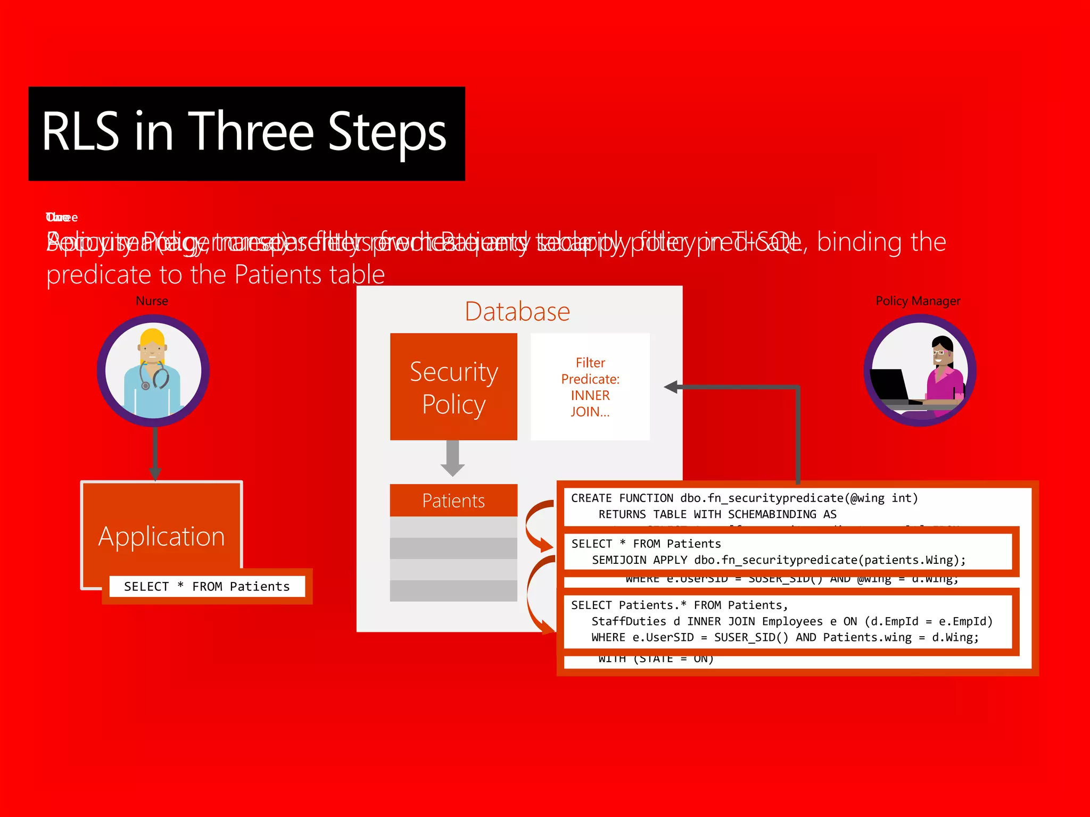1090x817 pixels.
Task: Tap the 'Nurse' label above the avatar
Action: pos(152,301)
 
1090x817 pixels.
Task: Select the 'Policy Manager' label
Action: pos(918,301)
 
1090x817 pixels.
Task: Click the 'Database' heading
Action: pos(517,312)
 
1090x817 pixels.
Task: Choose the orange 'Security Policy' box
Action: pos(453,387)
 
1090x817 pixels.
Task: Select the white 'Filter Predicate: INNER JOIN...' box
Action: pos(590,387)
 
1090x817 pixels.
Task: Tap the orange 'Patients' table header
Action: pos(453,501)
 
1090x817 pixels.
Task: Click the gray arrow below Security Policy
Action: pos(452,458)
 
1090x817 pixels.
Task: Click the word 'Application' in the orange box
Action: pos(161,536)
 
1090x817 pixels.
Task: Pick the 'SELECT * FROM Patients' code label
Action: pos(207,586)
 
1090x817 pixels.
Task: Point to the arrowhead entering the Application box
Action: pos(155,473)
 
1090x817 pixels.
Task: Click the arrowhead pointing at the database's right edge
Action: pos(672,387)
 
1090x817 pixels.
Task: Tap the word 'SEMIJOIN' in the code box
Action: pos(619,560)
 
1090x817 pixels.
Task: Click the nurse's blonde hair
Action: pos(153,338)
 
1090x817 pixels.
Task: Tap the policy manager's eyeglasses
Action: pos(938,352)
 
